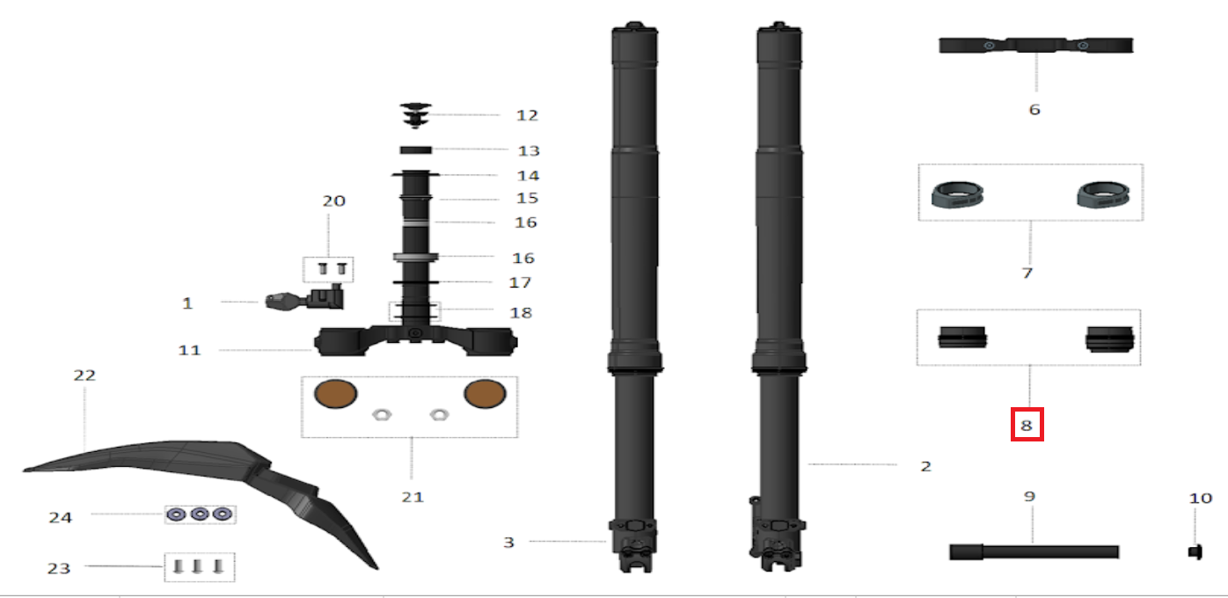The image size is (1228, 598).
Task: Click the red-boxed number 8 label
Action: coord(1027,425)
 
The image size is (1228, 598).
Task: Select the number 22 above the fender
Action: coord(84,376)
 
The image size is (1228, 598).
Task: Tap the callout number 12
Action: coord(528,116)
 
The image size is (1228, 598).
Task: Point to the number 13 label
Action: coord(529,150)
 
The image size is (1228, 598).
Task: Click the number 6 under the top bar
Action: coord(1034,110)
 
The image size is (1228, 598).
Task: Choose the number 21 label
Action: coord(413,497)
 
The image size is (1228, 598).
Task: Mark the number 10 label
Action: coord(1200,499)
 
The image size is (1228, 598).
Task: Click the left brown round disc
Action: coord(335,394)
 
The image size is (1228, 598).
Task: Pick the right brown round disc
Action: coord(486,394)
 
